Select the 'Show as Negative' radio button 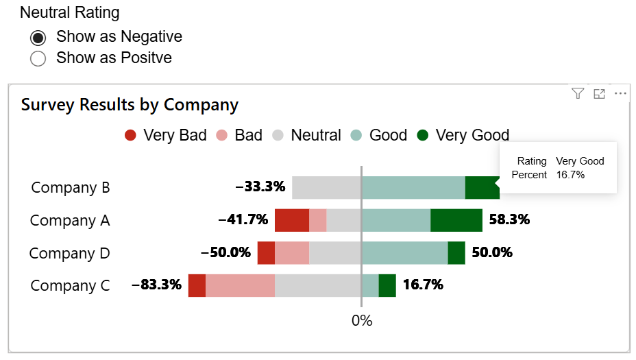coord(38,37)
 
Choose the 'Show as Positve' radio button coord(38,58)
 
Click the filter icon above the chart coord(578,94)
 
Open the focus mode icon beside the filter coord(599,94)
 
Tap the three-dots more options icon coord(620,94)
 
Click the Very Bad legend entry coord(166,135)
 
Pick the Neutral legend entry coord(306,135)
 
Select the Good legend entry coord(379,135)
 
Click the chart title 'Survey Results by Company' coord(130,105)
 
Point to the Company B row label coord(71,188)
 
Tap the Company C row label coord(71,286)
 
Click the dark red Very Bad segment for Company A coord(292,221)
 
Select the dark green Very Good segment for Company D coord(456,253)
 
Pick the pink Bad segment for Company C coord(240,286)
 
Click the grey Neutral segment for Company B coord(326,188)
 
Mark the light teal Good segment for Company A coord(396,221)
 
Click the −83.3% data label coord(156,285)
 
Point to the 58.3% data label coord(509,219)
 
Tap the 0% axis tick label coord(361,320)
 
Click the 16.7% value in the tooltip coord(570,175)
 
